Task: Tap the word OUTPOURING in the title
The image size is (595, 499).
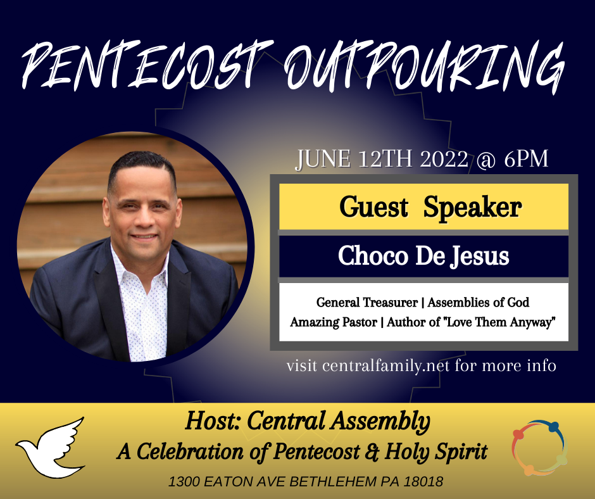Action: (424, 66)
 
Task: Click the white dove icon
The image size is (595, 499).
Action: (51, 448)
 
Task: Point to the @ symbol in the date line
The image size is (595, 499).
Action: (485, 159)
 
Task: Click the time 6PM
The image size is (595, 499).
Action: (526, 158)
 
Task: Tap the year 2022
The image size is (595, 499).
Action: (444, 159)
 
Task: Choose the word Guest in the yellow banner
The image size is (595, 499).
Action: (373, 207)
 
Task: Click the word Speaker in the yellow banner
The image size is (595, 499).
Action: (472, 208)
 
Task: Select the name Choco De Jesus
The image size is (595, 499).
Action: (423, 256)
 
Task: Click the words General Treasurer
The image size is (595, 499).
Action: (367, 302)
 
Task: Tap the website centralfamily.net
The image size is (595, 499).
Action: (386, 366)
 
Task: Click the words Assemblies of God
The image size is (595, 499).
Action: (478, 302)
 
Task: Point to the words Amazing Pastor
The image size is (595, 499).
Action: (334, 322)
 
